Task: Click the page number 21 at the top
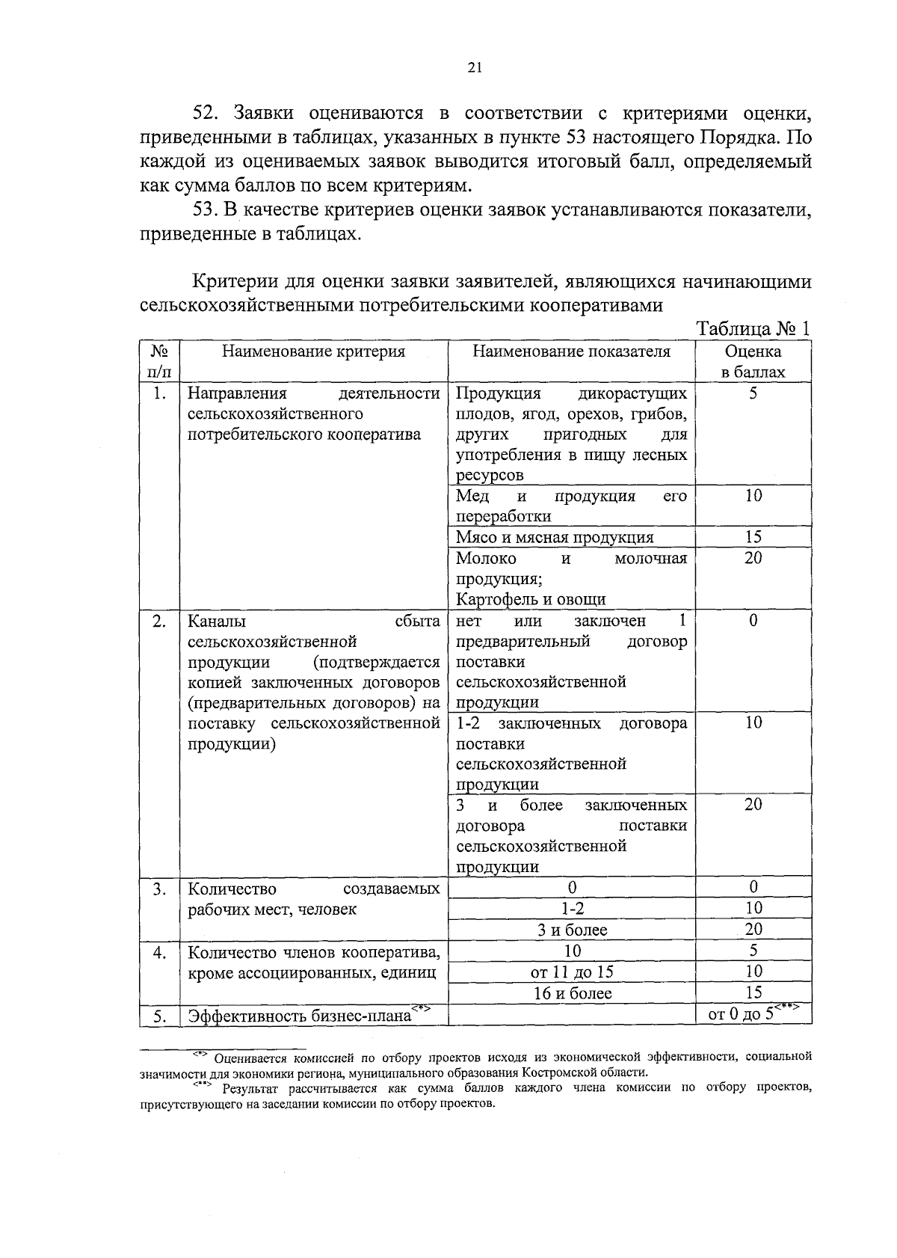tap(474, 68)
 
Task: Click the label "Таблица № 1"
tap(753, 329)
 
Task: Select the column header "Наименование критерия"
tap(313, 352)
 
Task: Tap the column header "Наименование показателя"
tap(571, 352)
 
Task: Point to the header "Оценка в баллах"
tap(753, 361)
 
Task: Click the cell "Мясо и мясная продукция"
tap(555, 537)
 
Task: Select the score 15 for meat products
tap(753, 537)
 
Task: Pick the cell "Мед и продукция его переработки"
tap(571, 506)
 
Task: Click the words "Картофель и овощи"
tap(531, 599)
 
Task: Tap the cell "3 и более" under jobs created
tap(572, 930)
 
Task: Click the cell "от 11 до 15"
tap(572, 972)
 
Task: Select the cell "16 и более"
tap(572, 993)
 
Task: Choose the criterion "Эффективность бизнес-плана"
tap(299, 1016)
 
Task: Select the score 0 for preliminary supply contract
tap(753, 620)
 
